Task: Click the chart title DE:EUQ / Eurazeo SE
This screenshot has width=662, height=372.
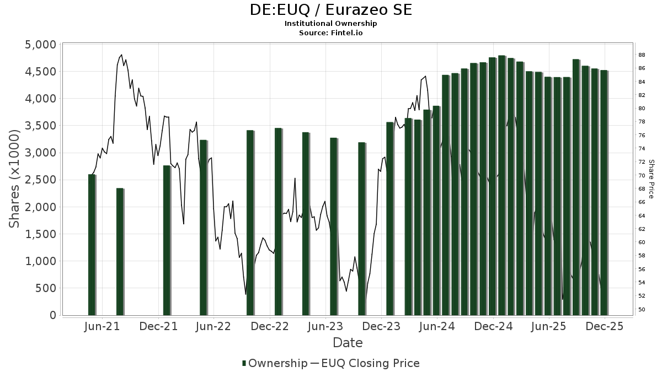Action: (331, 10)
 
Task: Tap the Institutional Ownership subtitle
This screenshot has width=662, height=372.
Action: (331, 24)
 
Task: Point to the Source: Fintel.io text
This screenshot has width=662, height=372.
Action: (331, 33)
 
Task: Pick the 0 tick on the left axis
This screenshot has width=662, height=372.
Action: (53, 315)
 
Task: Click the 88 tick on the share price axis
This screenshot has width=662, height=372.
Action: (642, 55)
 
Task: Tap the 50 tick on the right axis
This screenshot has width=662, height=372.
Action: (642, 309)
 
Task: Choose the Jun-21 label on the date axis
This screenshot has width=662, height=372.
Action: (103, 326)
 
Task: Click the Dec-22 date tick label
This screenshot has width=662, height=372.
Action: (270, 326)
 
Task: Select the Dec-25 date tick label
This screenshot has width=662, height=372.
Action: (605, 326)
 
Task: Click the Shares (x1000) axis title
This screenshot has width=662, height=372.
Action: (14, 179)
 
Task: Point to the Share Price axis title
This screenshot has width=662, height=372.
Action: (651, 179)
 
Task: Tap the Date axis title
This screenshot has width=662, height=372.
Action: (348, 343)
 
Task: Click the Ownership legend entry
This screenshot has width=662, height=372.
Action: (275, 363)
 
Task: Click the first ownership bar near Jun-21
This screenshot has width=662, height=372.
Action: (92, 245)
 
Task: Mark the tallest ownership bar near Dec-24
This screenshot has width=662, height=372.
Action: (501, 185)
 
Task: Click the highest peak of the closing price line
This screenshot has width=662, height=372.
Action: (121, 55)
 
